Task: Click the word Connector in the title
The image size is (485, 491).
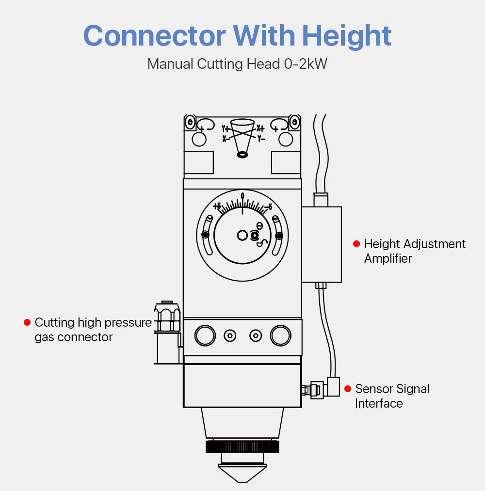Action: pyautogui.click(x=154, y=36)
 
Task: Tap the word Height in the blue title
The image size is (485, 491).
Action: pyautogui.click(x=347, y=36)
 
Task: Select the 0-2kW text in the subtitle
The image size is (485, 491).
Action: pyautogui.click(x=304, y=64)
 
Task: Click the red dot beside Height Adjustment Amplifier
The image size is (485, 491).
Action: pyautogui.click(x=356, y=244)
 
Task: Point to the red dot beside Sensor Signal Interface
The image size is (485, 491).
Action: pyautogui.click(x=348, y=389)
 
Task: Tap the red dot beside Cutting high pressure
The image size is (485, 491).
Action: pyautogui.click(x=27, y=322)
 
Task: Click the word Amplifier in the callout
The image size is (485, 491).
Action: pyautogui.click(x=388, y=258)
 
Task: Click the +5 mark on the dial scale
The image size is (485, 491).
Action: pyautogui.click(x=217, y=206)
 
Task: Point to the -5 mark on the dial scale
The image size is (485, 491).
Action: pyautogui.click(x=268, y=207)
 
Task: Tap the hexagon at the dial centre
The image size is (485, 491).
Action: pyautogui.click(x=242, y=236)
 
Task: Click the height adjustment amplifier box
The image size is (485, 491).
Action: pyautogui.click(x=322, y=244)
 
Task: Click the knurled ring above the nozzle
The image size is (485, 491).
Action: pyautogui.click(x=242, y=446)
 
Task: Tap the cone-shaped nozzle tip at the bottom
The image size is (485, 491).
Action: pyautogui.click(x=242, y=472)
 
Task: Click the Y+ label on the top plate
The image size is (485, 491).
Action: pyautogui.click(x=226, y=129)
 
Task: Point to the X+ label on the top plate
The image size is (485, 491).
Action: pyautogui.click(x=260, y=128)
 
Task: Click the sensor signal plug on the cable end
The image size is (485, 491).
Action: pyautogui.click(x=316, y=389)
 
